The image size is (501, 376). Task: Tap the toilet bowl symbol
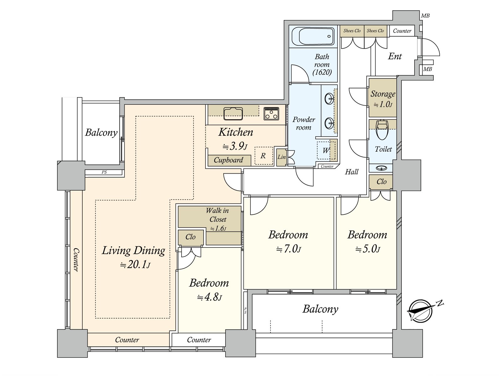382,130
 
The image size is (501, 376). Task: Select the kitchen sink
233,113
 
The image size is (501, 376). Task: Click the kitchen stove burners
271,113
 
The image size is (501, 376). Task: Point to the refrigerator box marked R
264,156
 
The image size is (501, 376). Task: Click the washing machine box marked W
326,150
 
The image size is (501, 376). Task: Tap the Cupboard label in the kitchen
228,160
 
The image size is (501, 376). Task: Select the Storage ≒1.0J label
383,99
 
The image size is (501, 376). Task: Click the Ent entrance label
395,56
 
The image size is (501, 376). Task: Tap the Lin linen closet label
281,157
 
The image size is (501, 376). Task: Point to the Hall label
352,172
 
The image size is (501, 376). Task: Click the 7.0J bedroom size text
289,249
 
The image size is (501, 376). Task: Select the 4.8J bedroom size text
209,297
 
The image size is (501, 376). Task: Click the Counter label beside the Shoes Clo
402,31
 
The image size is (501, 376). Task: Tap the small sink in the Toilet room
381,168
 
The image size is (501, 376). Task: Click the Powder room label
304,123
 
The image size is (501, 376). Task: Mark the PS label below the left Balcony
104,172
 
